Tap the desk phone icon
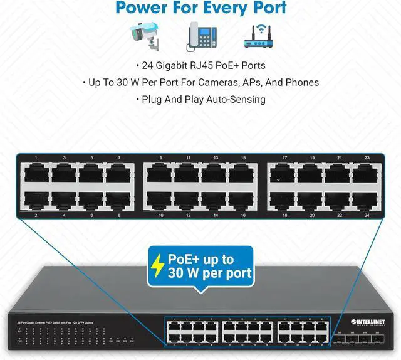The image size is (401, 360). pyautogui.click(x=200, y=36)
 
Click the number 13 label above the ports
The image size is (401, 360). pyautogui.click(x=215, y=157)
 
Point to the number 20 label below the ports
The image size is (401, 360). pyautogui.click(x=312, y=215)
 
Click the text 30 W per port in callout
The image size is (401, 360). pyautogui.click(x=210, y=273)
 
